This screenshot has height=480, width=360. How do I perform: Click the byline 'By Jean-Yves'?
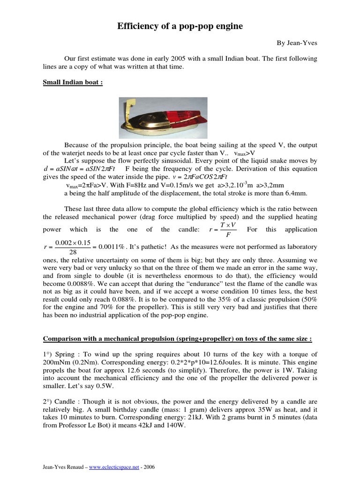click(x=297, y=43)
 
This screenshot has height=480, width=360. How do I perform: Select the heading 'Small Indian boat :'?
click(x=73, y=83)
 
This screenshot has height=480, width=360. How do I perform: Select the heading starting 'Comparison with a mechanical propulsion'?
click(x=178, y=339)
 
